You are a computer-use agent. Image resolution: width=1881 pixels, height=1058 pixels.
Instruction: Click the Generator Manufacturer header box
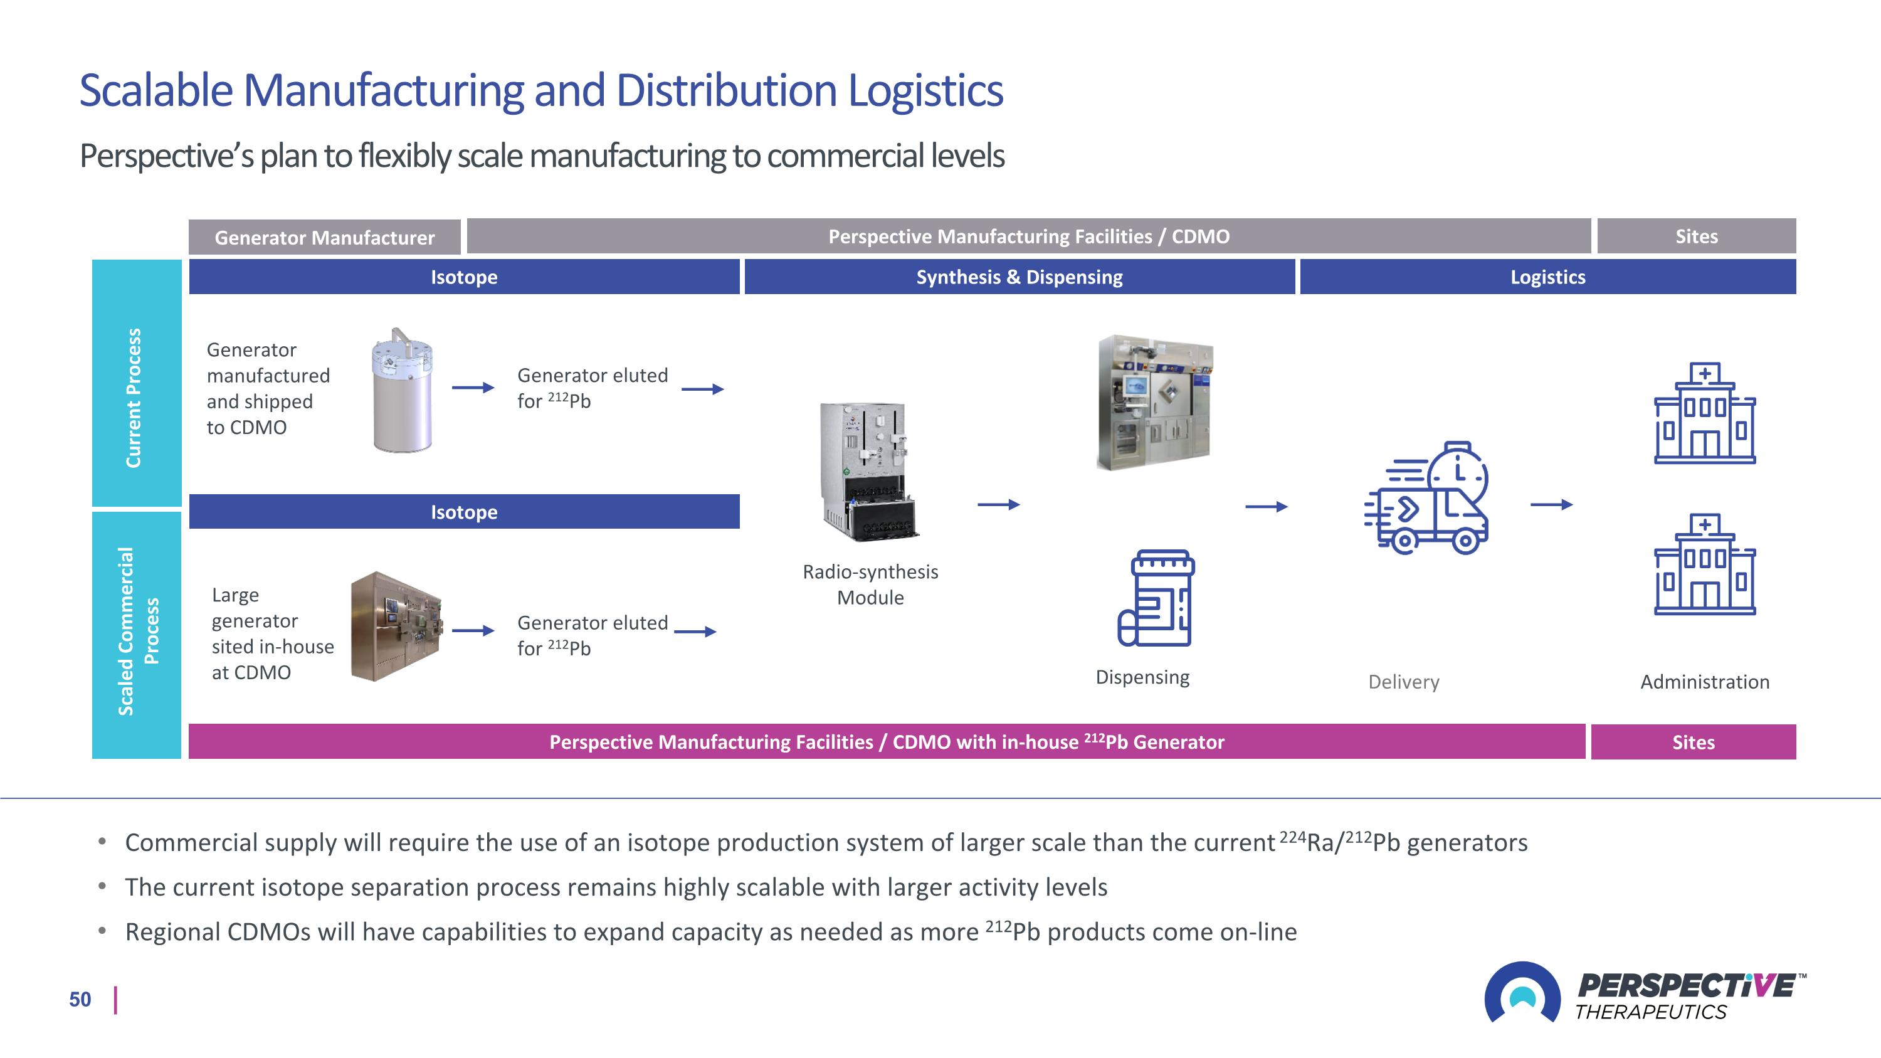pos(324,237)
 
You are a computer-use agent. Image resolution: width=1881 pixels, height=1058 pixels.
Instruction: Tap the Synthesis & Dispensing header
pos(1020,277)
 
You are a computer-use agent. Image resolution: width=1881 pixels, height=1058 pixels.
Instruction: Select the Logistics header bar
pos(1547,277)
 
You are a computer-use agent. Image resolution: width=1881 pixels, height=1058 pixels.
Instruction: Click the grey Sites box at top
pos(1695,236)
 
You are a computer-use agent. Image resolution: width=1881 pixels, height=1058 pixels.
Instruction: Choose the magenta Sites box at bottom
pos(1693,742)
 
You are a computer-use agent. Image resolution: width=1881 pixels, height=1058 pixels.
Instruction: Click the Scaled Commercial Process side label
pos(136,632)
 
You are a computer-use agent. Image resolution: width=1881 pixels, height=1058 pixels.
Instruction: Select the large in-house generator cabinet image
pos(396,627)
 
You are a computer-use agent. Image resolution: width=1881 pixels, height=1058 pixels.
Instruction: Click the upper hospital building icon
pos(1704,413)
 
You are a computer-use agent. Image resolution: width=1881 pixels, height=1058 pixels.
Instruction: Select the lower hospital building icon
pos(1704,564)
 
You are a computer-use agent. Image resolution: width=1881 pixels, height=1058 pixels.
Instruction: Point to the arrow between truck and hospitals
pos(1551,504)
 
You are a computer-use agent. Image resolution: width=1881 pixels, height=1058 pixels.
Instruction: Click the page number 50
pos(80,999)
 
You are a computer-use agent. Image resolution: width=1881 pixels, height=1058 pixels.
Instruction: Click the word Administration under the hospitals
pos(1704,682)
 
